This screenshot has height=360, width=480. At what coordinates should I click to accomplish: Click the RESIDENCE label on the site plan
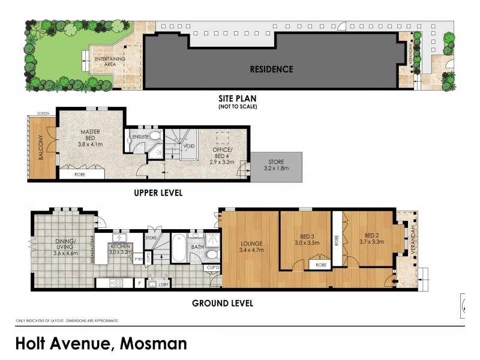pyautogui.click(x=271, y=69)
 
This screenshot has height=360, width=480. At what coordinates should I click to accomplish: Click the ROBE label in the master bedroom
pyautogui.click(x=79, y=175)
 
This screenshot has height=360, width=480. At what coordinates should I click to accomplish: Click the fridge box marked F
pyautogui.click(x=139, y=283)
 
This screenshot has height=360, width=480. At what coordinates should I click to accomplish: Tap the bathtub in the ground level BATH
pyautogui.click(x=178, y=245)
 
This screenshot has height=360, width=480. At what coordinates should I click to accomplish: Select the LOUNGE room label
pyautogui.click(x=248, y=243)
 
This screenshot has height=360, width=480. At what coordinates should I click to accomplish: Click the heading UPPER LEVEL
pyautogui.click(x=158, y=193)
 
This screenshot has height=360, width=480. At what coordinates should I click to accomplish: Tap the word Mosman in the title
pyautogui.click(x=154, y=344)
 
